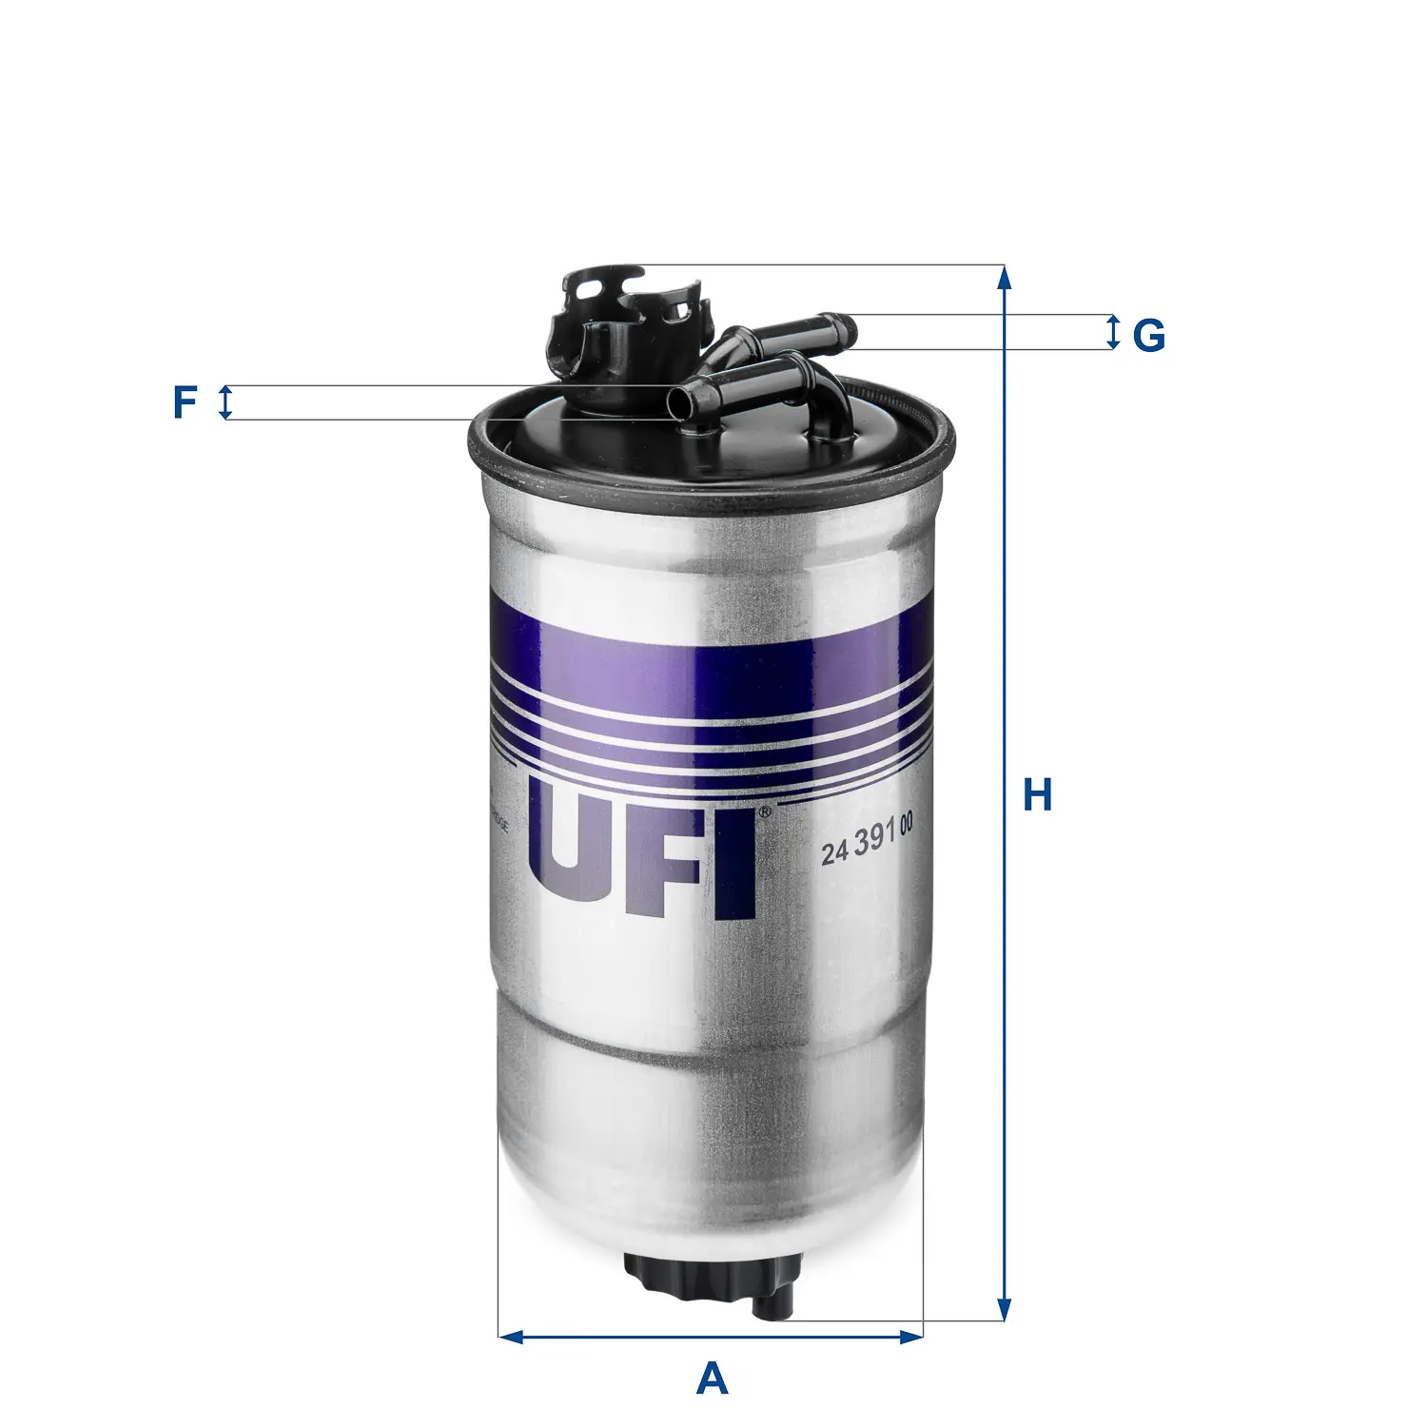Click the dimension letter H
point(1037,795)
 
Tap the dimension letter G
point(1148,335)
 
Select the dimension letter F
point(184,402)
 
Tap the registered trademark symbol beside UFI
point(763,813)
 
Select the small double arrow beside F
point(225,402)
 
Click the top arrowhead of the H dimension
point(1004,277)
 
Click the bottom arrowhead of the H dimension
point(1004,1309)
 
